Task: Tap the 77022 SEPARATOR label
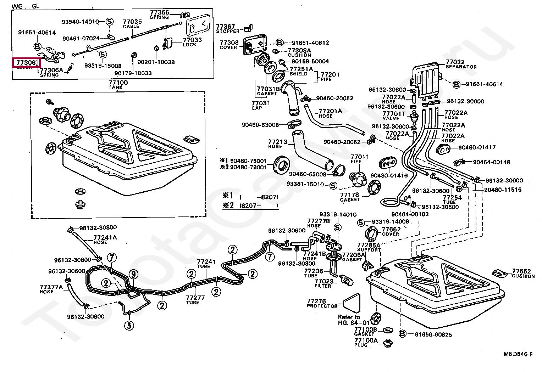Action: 460,64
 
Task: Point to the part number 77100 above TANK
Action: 118,83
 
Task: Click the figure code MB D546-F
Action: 518,354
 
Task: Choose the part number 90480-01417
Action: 477,147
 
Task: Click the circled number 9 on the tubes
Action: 133,274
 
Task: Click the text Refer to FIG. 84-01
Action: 349,320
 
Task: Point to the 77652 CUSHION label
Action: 523,273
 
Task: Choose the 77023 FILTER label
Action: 323,283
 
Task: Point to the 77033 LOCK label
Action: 192,42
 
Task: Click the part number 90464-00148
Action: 491,162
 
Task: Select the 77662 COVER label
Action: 391,231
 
